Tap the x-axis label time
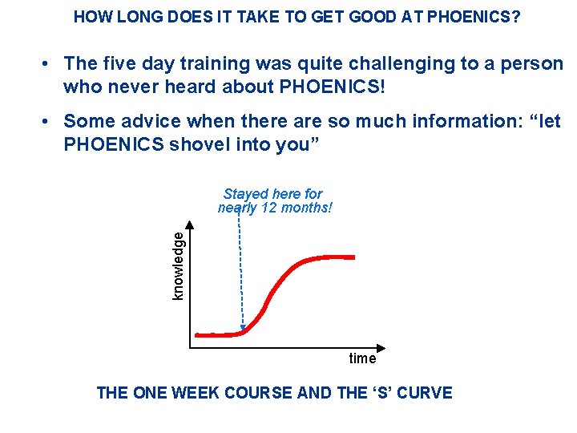(362, 358)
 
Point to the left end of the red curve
(198, 335)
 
